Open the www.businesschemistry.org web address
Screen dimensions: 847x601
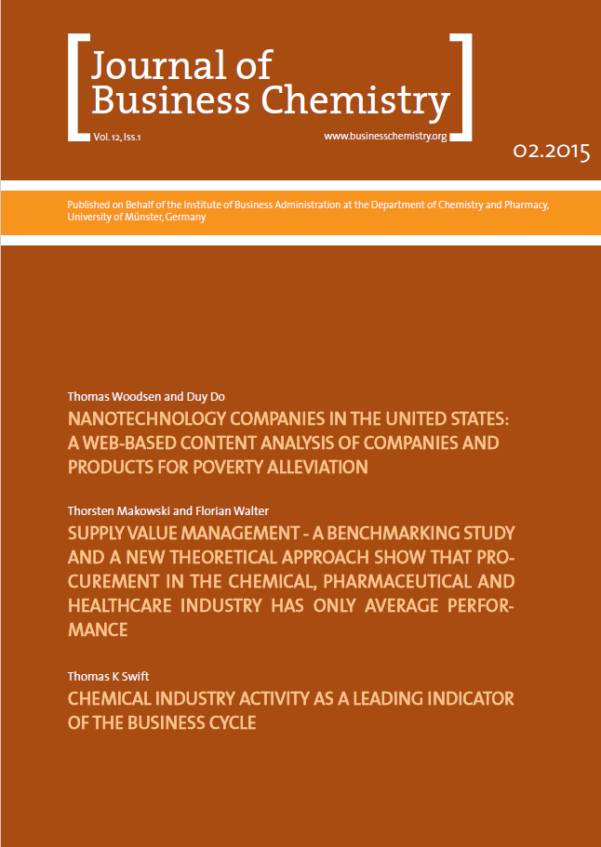point(385,136)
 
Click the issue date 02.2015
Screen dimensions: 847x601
point(551,152)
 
